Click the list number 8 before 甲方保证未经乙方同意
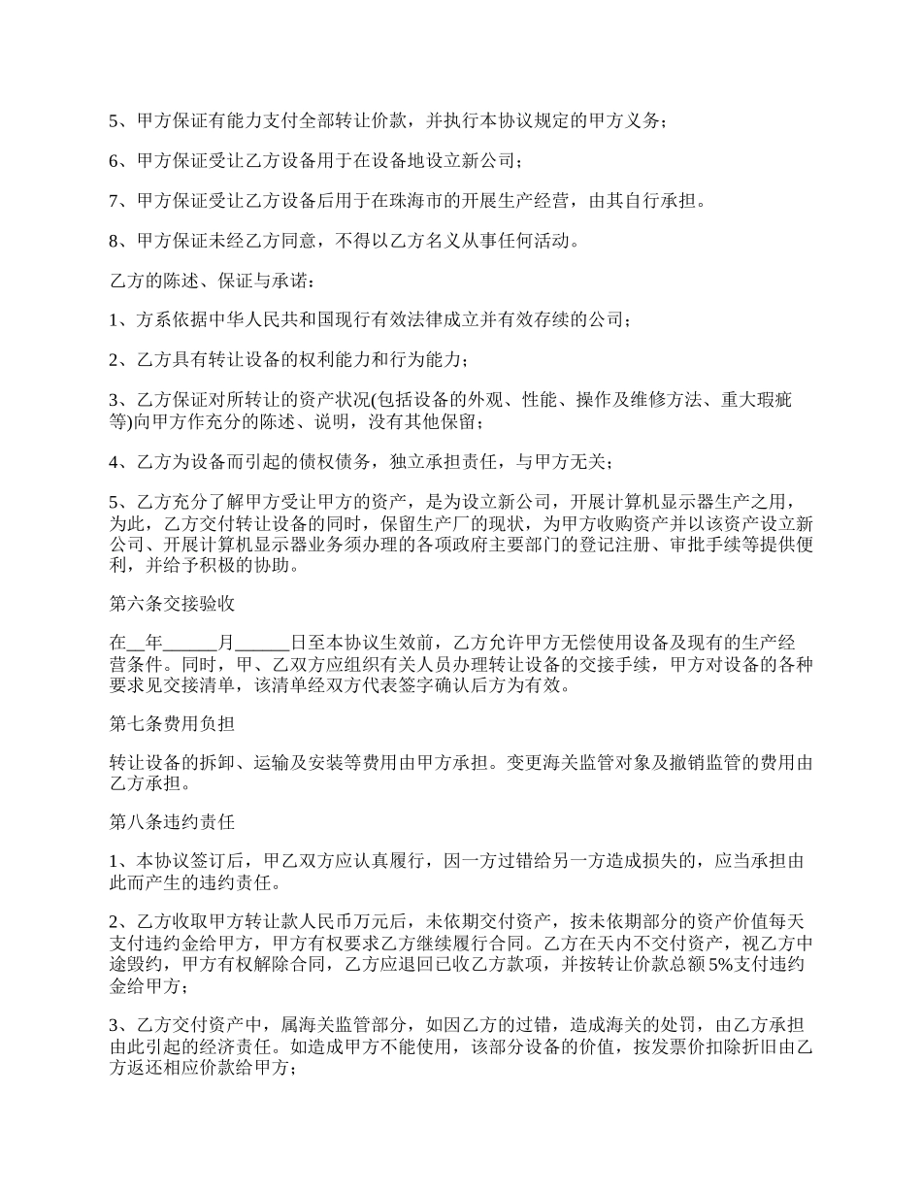pos(112,241)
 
